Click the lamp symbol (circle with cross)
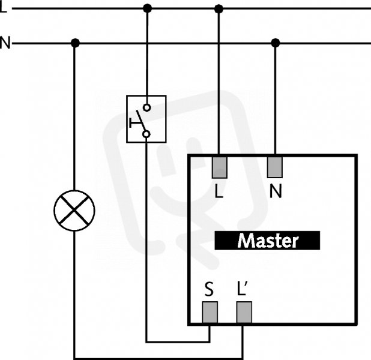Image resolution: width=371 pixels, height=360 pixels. [x=74, y=210]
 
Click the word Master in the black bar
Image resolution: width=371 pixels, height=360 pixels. [x=268, y=241]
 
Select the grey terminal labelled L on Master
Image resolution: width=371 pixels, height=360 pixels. [x=220, y=167]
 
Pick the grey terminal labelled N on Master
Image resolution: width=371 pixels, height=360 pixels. [x=275, y=167]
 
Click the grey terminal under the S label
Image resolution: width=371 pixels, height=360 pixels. [x=210, y=312]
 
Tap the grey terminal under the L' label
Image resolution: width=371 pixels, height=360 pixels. [x=244, y=312]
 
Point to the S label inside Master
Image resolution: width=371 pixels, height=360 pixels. [x=209, y=289]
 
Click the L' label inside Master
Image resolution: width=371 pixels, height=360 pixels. [x=243, y=288]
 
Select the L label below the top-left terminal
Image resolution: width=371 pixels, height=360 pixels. [x=219, y=191]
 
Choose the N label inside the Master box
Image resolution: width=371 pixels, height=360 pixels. [x=276, y=191]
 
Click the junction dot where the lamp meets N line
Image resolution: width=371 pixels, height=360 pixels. [x=75, y=43]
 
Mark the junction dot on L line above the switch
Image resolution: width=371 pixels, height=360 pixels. [x=148, y=8]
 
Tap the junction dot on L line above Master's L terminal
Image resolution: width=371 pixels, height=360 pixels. [x=219, y=9]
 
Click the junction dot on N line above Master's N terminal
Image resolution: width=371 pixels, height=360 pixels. [x=275, y=43]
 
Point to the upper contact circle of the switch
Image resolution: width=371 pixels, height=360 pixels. [x=147, y=107]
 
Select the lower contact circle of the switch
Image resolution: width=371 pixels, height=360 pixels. [x=146, y=134]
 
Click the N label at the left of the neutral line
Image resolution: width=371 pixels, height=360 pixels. [x=5, y=43]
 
